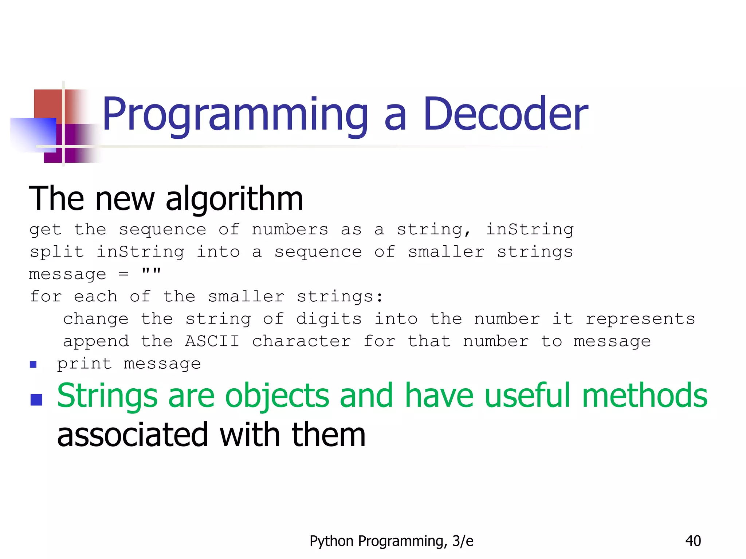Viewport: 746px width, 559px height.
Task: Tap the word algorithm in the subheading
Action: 234,199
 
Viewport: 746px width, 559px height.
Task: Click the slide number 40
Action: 693,541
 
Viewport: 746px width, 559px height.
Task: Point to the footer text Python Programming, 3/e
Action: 391,541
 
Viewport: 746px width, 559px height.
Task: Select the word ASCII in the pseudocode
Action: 212,341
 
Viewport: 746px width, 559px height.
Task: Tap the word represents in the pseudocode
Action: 640,319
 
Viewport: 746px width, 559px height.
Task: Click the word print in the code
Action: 84,364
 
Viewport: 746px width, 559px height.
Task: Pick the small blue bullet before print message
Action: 33,364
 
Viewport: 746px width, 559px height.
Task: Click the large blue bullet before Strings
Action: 36,400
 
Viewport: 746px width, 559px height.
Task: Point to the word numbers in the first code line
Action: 290,230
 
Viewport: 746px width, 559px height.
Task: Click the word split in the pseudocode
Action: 56,252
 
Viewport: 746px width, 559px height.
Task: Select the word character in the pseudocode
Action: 301,341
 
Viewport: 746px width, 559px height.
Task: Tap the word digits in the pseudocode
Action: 329,319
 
